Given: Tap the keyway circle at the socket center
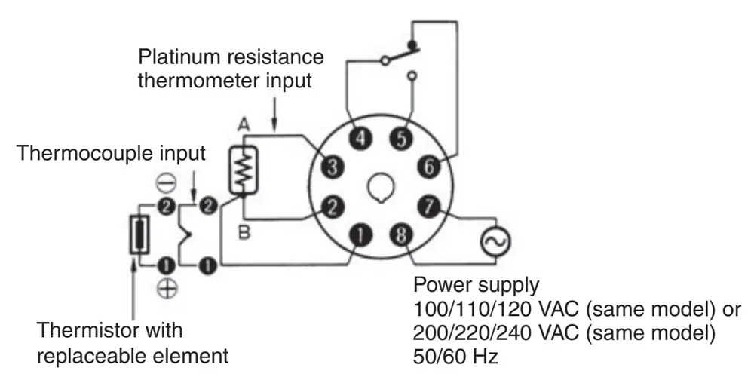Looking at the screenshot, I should tap(382, 188).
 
